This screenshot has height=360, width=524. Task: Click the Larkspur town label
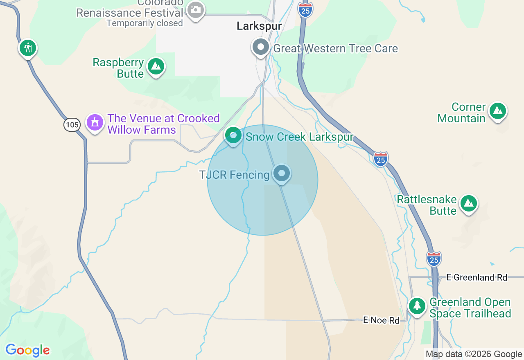point(259,26)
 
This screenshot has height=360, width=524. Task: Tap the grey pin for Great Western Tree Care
point(260,47)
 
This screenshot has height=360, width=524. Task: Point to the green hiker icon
point(28,48)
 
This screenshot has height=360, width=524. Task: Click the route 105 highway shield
point(72,124)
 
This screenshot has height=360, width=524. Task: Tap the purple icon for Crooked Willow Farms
point(95,122)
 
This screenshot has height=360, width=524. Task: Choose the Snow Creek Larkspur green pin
point(233,135)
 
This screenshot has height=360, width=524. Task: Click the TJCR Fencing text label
point(234,175)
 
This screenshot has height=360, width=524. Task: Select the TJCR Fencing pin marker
point(282,173)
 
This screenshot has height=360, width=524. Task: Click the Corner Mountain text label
point(462,113)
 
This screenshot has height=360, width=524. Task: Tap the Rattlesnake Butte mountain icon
point(469,203)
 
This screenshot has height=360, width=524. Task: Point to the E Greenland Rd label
point(477,277)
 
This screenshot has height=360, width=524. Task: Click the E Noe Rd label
point(381,320)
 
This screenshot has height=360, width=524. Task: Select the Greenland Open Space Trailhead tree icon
point(417,306)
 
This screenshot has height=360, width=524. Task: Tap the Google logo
point(27,350)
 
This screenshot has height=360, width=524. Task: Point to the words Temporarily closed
point(145,23)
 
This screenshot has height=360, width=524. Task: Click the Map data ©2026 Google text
point(474,354)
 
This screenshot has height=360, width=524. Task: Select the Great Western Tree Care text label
point(335,49)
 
